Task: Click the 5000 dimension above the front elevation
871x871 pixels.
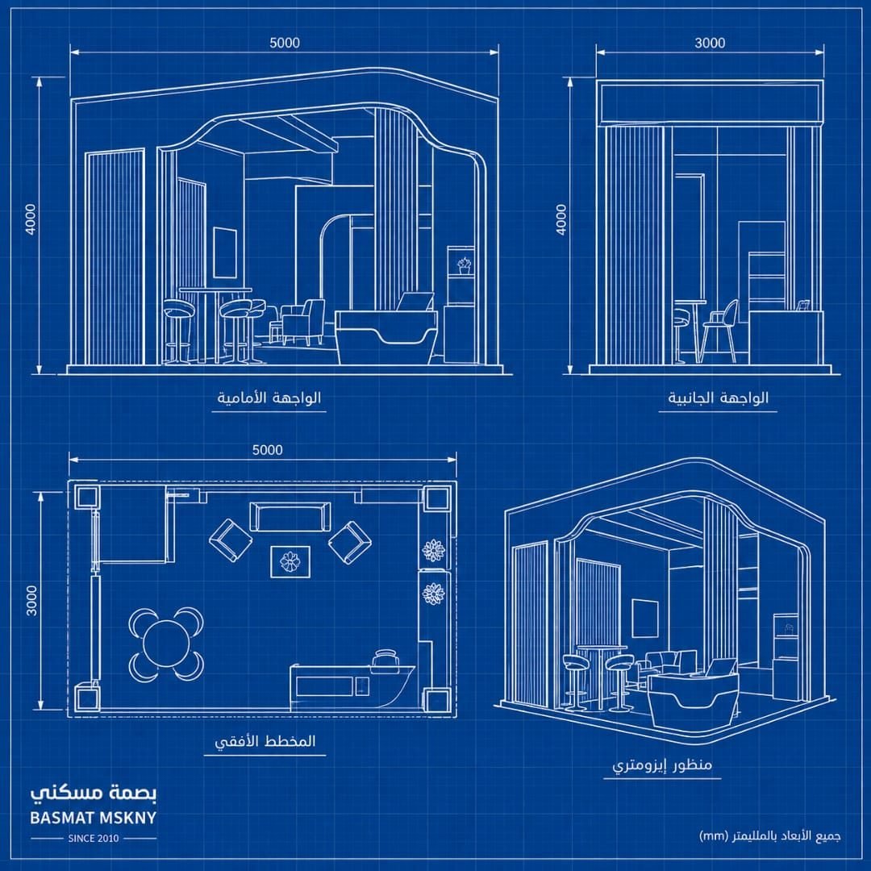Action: [285, 43]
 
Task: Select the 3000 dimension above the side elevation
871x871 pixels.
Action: [710, 43]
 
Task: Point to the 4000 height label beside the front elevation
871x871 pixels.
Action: [31, 219]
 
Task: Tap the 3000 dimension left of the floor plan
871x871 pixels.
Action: [31, 600]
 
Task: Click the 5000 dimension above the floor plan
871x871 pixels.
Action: [267, 450]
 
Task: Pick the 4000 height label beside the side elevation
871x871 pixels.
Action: [561, 219]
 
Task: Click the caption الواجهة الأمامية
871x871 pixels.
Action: [269, 398]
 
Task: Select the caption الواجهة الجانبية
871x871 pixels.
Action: [719, 398]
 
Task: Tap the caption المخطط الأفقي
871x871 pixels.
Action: [265, 741]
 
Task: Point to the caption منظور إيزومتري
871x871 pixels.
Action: [662, 765]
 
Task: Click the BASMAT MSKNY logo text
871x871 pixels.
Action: [94, 818]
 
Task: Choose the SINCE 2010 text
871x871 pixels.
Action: [94, 838]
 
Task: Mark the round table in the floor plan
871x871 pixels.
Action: [166, 644]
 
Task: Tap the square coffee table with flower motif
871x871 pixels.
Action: [290, 561]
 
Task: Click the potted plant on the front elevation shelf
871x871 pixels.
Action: [464, 265]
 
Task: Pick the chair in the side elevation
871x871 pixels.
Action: [720, 331]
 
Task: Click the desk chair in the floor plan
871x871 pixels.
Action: [386, 659]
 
